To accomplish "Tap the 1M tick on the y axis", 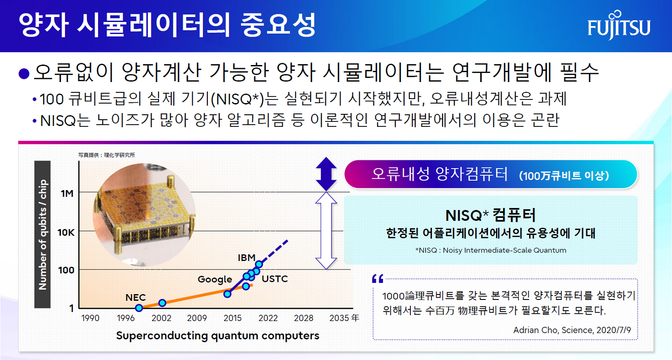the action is tap(67, 194).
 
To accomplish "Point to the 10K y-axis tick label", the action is tap(66, 232).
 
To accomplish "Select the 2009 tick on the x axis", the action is tap(197, 318).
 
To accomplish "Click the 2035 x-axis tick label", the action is tap(339, 318).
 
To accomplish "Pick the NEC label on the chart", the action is tap(135, 298).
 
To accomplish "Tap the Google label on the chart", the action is tap(215, 280).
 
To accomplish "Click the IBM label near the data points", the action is tap(246, 258).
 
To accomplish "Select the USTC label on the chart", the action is tap(275, 279).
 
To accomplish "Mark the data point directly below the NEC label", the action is tap(139, 308).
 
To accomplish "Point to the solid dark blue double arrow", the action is tap(326, 174).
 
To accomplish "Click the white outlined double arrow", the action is tap(326, 230).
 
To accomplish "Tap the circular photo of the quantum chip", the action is tap(144, 215).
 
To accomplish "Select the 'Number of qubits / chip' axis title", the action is tap(43, 234).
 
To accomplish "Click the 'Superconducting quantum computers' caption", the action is tap(217, 336).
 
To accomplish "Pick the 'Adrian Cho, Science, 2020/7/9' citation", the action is tap(572, 330).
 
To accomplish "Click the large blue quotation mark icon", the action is tap(378, 279).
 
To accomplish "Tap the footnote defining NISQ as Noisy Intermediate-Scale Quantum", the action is tap(491, 250).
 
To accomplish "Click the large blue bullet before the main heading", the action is tap(24, 74).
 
